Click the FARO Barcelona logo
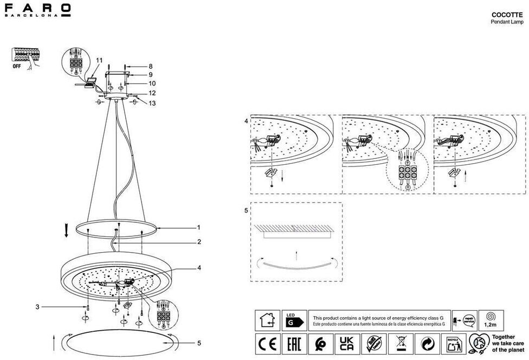click(37, 10)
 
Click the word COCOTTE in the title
click(507, 15)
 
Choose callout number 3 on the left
click(38, 307)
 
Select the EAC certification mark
click(292, 344)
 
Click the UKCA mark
click(345, 344)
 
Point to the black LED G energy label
click(294, 321)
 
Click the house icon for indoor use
click(267, 321)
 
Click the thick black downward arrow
click(66, 232)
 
